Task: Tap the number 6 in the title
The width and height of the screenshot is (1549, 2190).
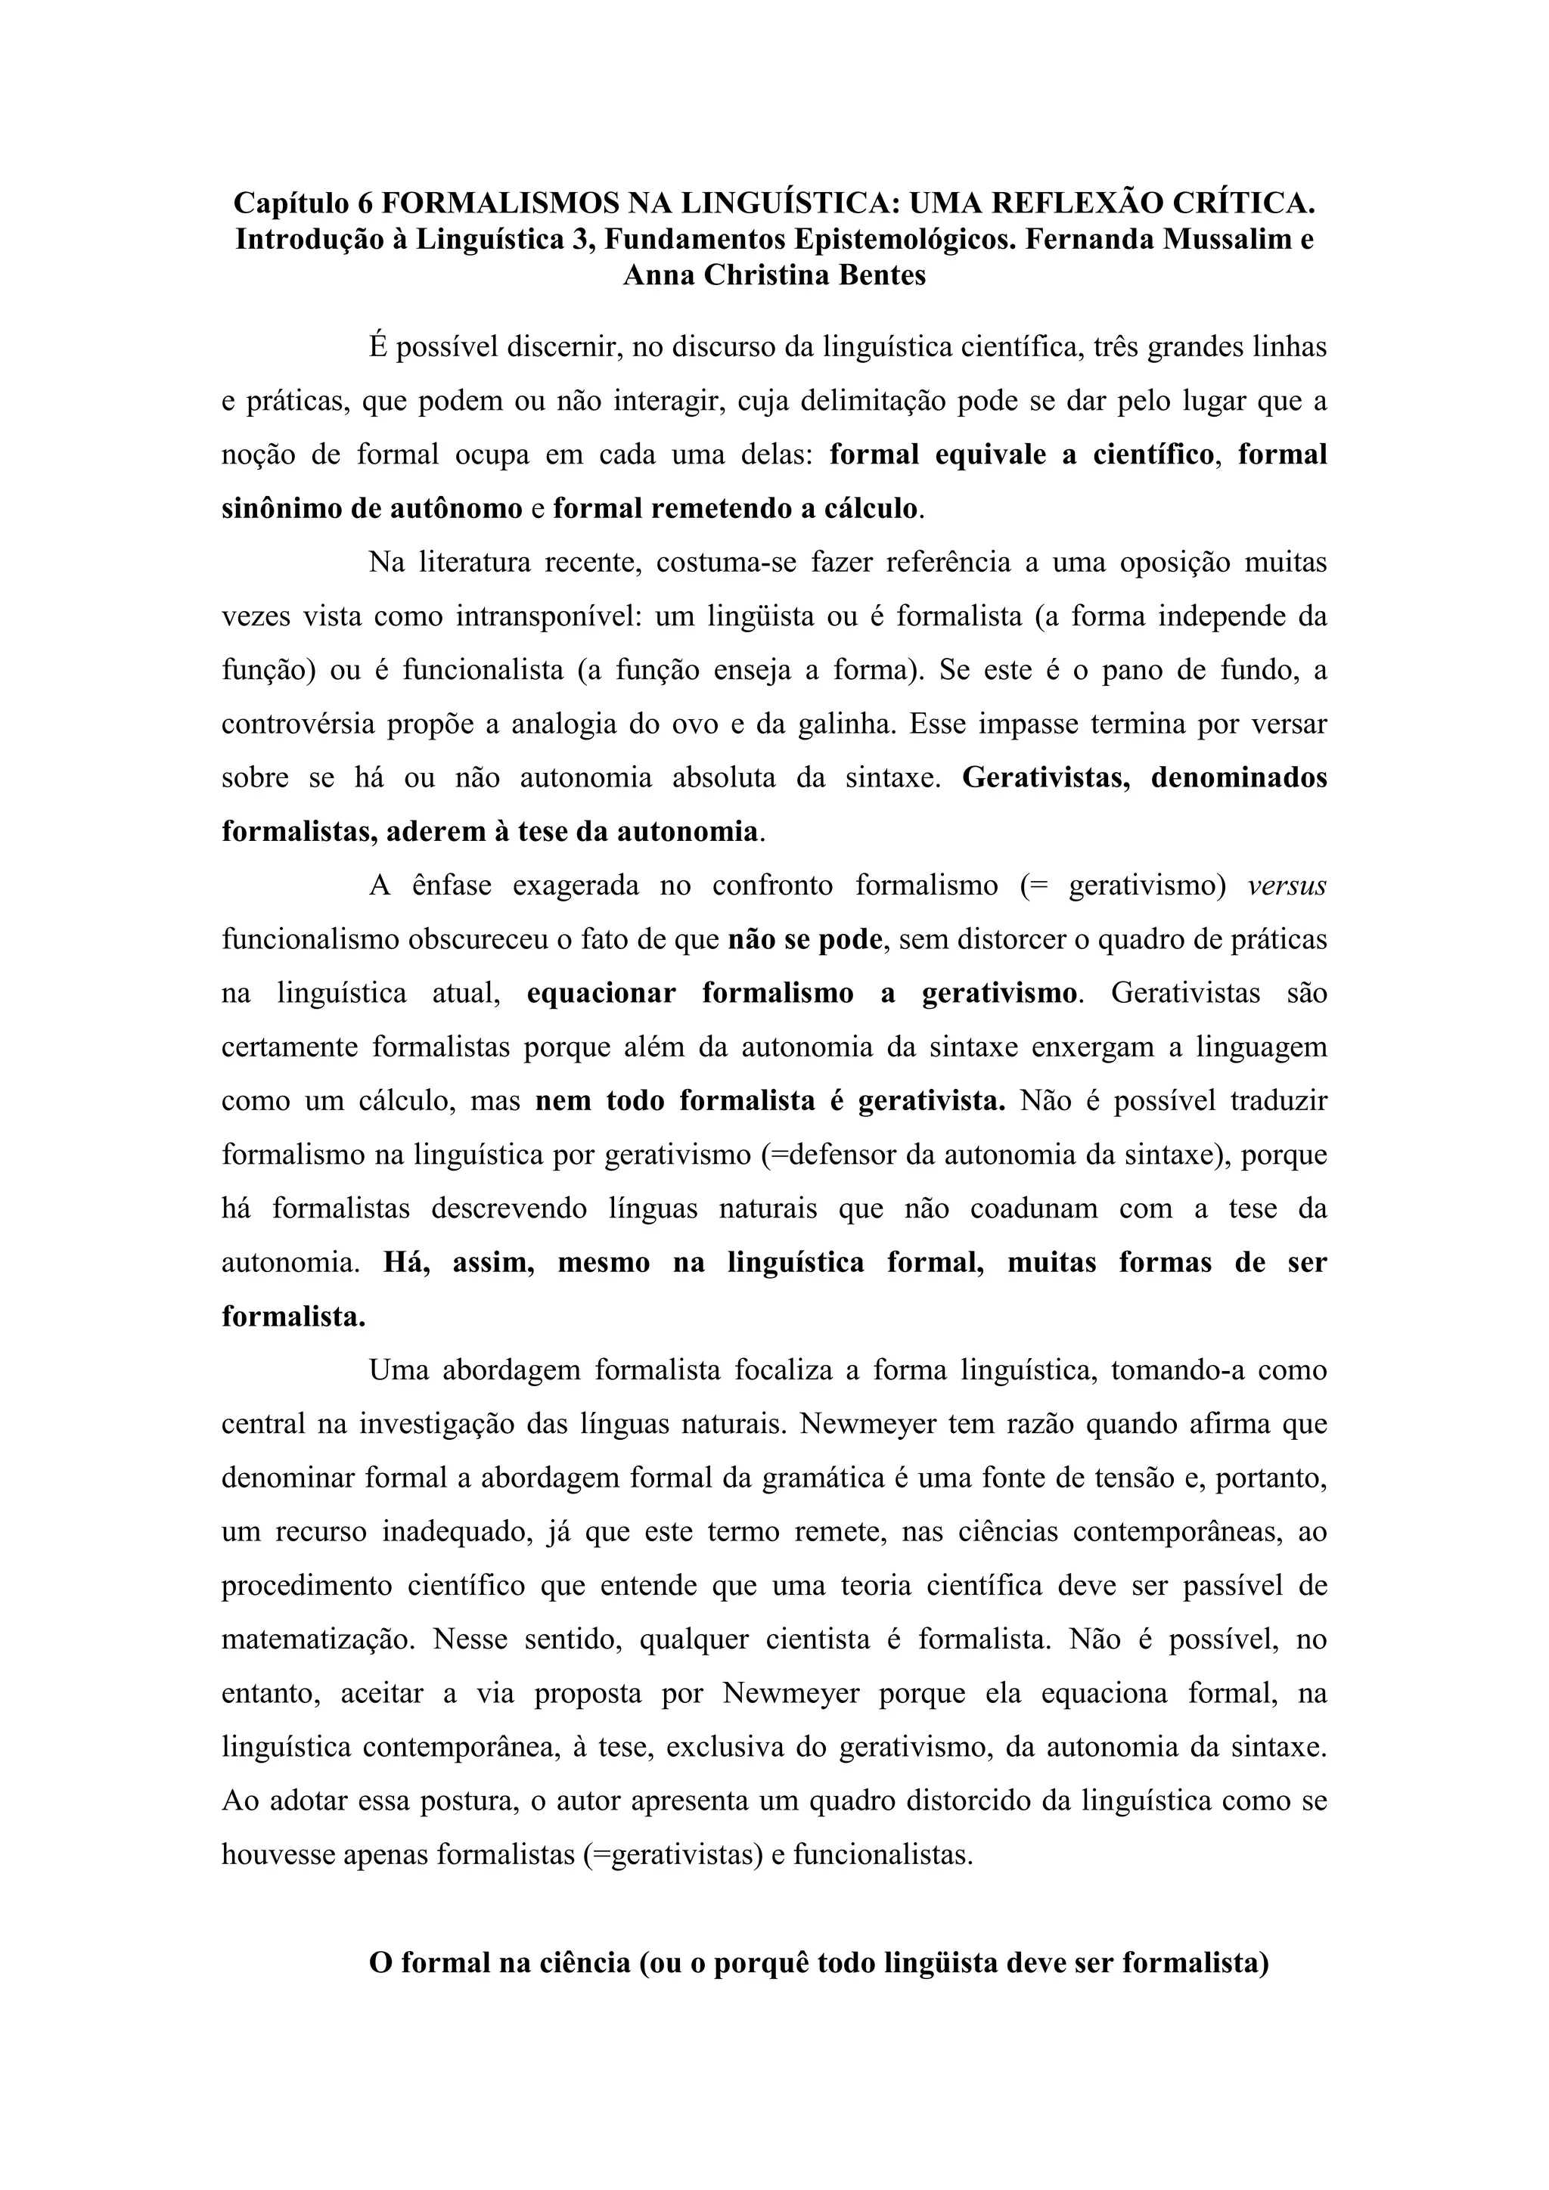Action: tap(366, 204)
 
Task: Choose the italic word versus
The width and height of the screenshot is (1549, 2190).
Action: tap(1287, 886)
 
